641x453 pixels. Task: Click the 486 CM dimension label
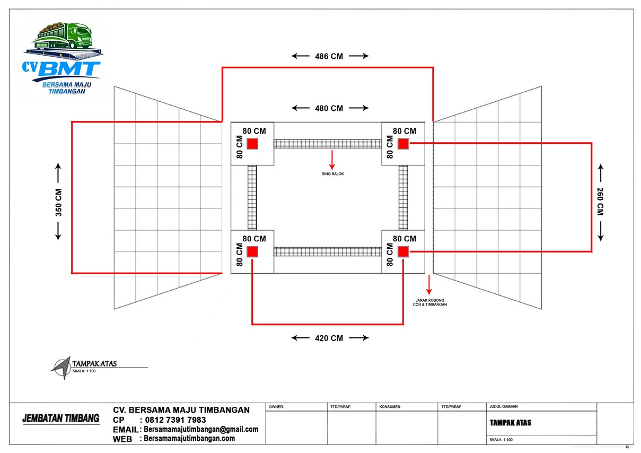coord(329,56)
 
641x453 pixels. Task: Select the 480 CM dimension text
coord(329,108)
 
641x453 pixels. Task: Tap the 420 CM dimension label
coord(329,338)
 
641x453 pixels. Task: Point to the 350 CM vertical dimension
coord(58,202)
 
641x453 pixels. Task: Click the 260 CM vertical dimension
coord(600,202)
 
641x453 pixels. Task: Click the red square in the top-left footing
coord(252,144)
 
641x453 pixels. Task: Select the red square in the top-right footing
coord(403,144)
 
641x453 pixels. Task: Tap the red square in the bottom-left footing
coord(252,252)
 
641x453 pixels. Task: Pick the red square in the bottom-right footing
coord(403,252)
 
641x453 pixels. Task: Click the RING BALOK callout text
coord(332,174)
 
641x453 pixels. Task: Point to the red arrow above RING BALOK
coord(332,160)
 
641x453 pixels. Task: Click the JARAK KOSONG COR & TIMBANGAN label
coord(429,302)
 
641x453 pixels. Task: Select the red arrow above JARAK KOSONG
coord(429,285)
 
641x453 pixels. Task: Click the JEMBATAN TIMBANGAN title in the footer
coord(61,419)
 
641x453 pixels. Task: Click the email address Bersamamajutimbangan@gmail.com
coord(201,429)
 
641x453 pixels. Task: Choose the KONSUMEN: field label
coord(391,407)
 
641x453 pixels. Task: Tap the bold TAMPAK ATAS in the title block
coord(510,423)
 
